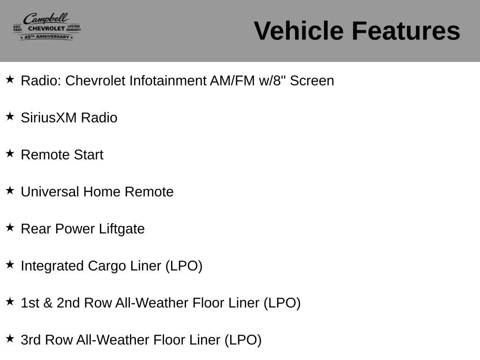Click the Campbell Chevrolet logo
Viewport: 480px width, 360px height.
[47, 27]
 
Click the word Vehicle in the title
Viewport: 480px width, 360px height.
[299, 30]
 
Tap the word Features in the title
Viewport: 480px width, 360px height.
[406, 30]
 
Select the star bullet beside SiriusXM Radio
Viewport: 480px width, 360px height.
[10, 116]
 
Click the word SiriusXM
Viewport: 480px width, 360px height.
[49, 118]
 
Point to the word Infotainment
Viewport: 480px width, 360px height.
[168, 81]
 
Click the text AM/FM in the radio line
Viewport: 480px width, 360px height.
[232, 81]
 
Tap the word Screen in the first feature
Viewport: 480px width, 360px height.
[312, 81]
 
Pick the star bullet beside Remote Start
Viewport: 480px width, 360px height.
[10, 153]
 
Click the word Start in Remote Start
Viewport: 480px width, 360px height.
[89, 155]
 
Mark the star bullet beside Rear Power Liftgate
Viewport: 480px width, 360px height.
[10, 227]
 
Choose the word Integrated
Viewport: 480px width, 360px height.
[52, 266]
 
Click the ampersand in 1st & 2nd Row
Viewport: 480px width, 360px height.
[48, 303]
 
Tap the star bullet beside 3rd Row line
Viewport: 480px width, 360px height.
[10, 338]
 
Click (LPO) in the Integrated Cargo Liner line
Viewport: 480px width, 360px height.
[184, 266]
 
